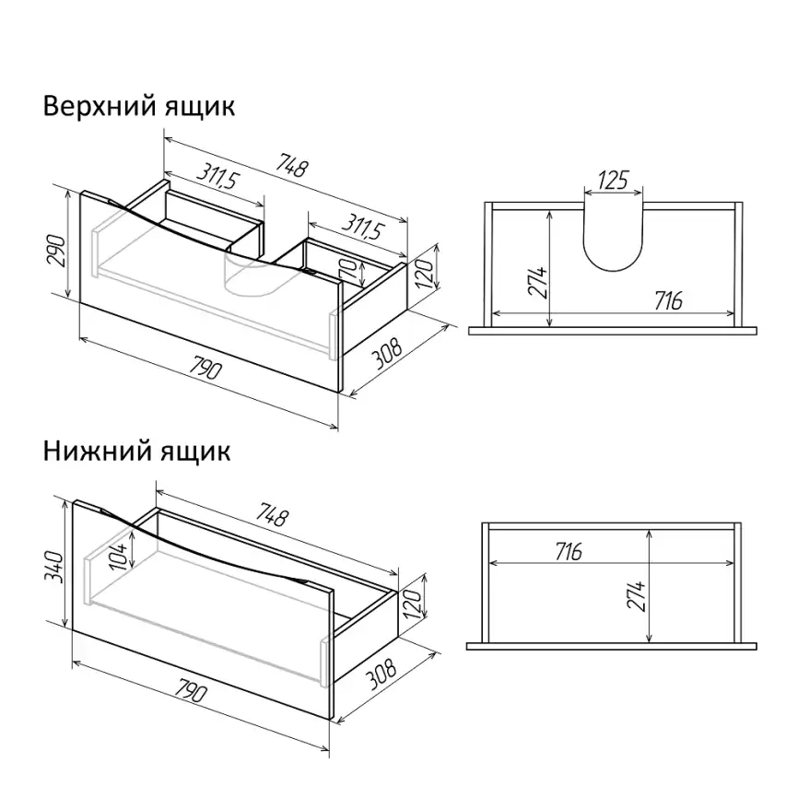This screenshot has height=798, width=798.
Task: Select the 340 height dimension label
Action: [54, 567]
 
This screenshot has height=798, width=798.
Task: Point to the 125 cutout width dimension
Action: [614, 180]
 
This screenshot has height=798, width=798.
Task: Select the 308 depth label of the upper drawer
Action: [386, 352]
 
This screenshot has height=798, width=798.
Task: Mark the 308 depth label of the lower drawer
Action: [381, 674]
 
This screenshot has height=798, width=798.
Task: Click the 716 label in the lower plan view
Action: [568, 551]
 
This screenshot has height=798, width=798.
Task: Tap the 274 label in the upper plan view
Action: [537, 282]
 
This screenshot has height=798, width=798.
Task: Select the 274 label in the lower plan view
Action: [636, 595]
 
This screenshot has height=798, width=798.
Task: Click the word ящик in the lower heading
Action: [196, 452]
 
